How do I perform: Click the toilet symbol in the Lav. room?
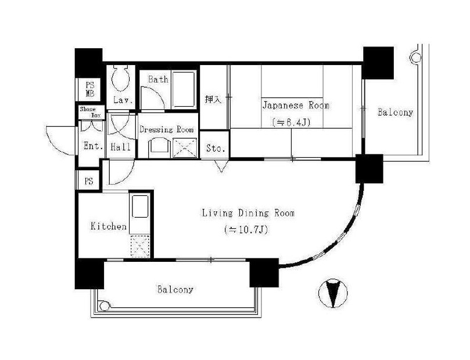tap(121, 78)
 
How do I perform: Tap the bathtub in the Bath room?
tap(184, 89)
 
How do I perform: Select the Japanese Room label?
tap(296, 106)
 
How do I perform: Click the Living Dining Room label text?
tap(248, 213)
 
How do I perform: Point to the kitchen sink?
tap(140, 206)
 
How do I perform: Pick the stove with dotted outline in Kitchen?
tap(140, 246)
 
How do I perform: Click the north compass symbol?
tap(333, 293)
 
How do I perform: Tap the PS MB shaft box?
tap(90, 89)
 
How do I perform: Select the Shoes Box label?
tap(91, 112)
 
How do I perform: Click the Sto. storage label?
tap(216, 148)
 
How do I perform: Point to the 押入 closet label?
tap(213, 100)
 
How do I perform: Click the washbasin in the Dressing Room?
tap(159, 147)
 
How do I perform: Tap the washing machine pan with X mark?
tap(185, 147)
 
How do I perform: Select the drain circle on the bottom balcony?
tap(104, 306)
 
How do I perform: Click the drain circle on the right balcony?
tap(416, 57)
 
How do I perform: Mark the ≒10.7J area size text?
tap(246, 230)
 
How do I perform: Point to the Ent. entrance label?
tap(94, 146)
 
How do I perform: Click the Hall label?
tap(120, 147)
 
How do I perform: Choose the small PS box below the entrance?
tap(88, 181)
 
